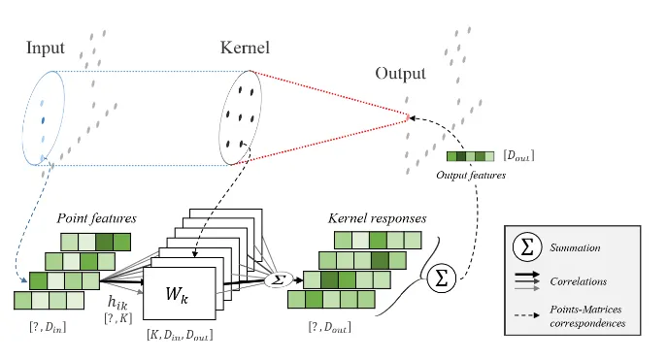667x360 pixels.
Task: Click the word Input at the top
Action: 46,49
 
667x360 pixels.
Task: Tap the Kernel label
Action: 245,49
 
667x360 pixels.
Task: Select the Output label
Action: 400,74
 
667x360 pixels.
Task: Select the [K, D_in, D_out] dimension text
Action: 182,335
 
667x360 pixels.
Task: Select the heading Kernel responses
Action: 376,218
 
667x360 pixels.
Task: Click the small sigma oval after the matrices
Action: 278,279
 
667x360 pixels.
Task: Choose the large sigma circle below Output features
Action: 441,280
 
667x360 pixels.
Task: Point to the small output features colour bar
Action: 470,156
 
